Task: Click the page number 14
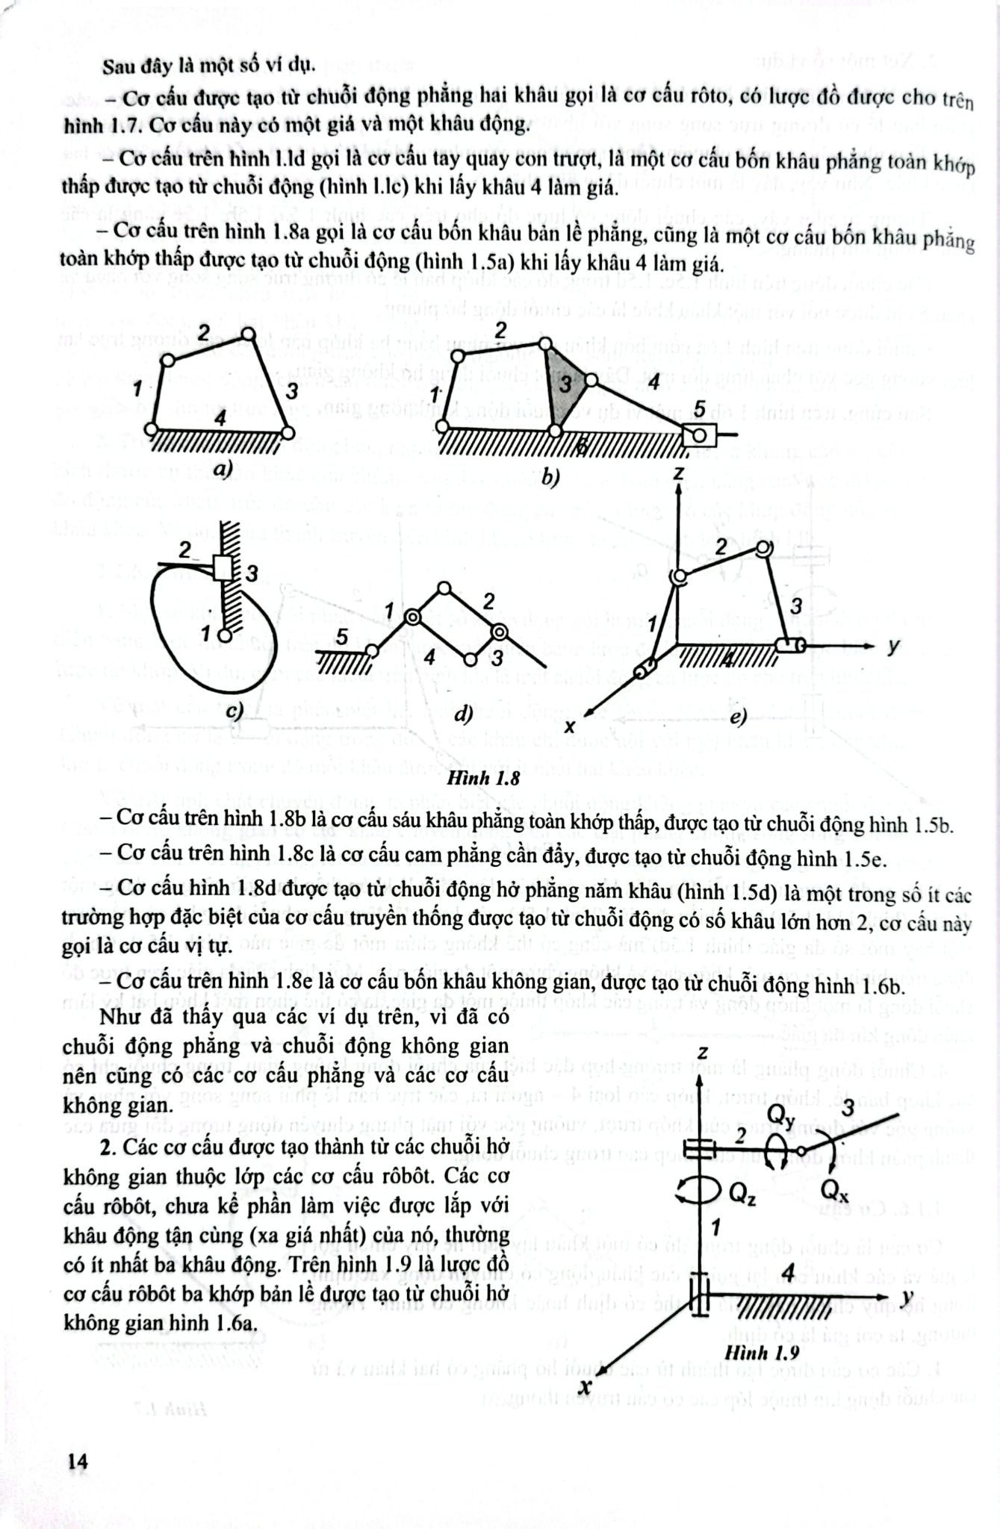point(76,1461)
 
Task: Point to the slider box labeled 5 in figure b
point(701,434)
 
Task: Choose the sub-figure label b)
point(550,476)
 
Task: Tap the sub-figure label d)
point(463,714)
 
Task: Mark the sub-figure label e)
point(738,717)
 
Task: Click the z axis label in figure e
point(679,473)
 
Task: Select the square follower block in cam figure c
point(223,568)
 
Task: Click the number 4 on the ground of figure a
point(220,420)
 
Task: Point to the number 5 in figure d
point(341,637)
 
